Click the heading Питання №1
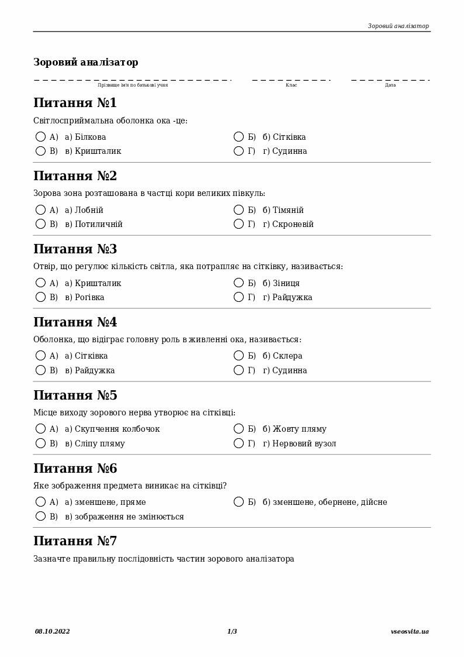pos(75,103)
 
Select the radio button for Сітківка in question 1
pos(238,137)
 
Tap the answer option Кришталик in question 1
pos(98,151)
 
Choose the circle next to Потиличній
pos(40,224)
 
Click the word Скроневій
pos(293,224)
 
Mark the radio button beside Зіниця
pos(238,283)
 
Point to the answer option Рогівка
pos(89,297)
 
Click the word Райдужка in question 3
pos(292,297)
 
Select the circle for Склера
pos(238,356)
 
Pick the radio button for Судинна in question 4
pos(238,370)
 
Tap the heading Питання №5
pos(75,395)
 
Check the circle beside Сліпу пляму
pos(40,443)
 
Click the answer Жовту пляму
pos(299,429)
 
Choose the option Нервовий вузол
pos(304,443)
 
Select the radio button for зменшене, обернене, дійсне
pos(238,502)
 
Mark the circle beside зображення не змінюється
pos(40,517)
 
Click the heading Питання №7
pos(75,541)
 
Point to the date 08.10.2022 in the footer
pos(52,631)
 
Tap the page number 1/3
pos(232,631)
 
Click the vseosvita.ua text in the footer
pos(410,631)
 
